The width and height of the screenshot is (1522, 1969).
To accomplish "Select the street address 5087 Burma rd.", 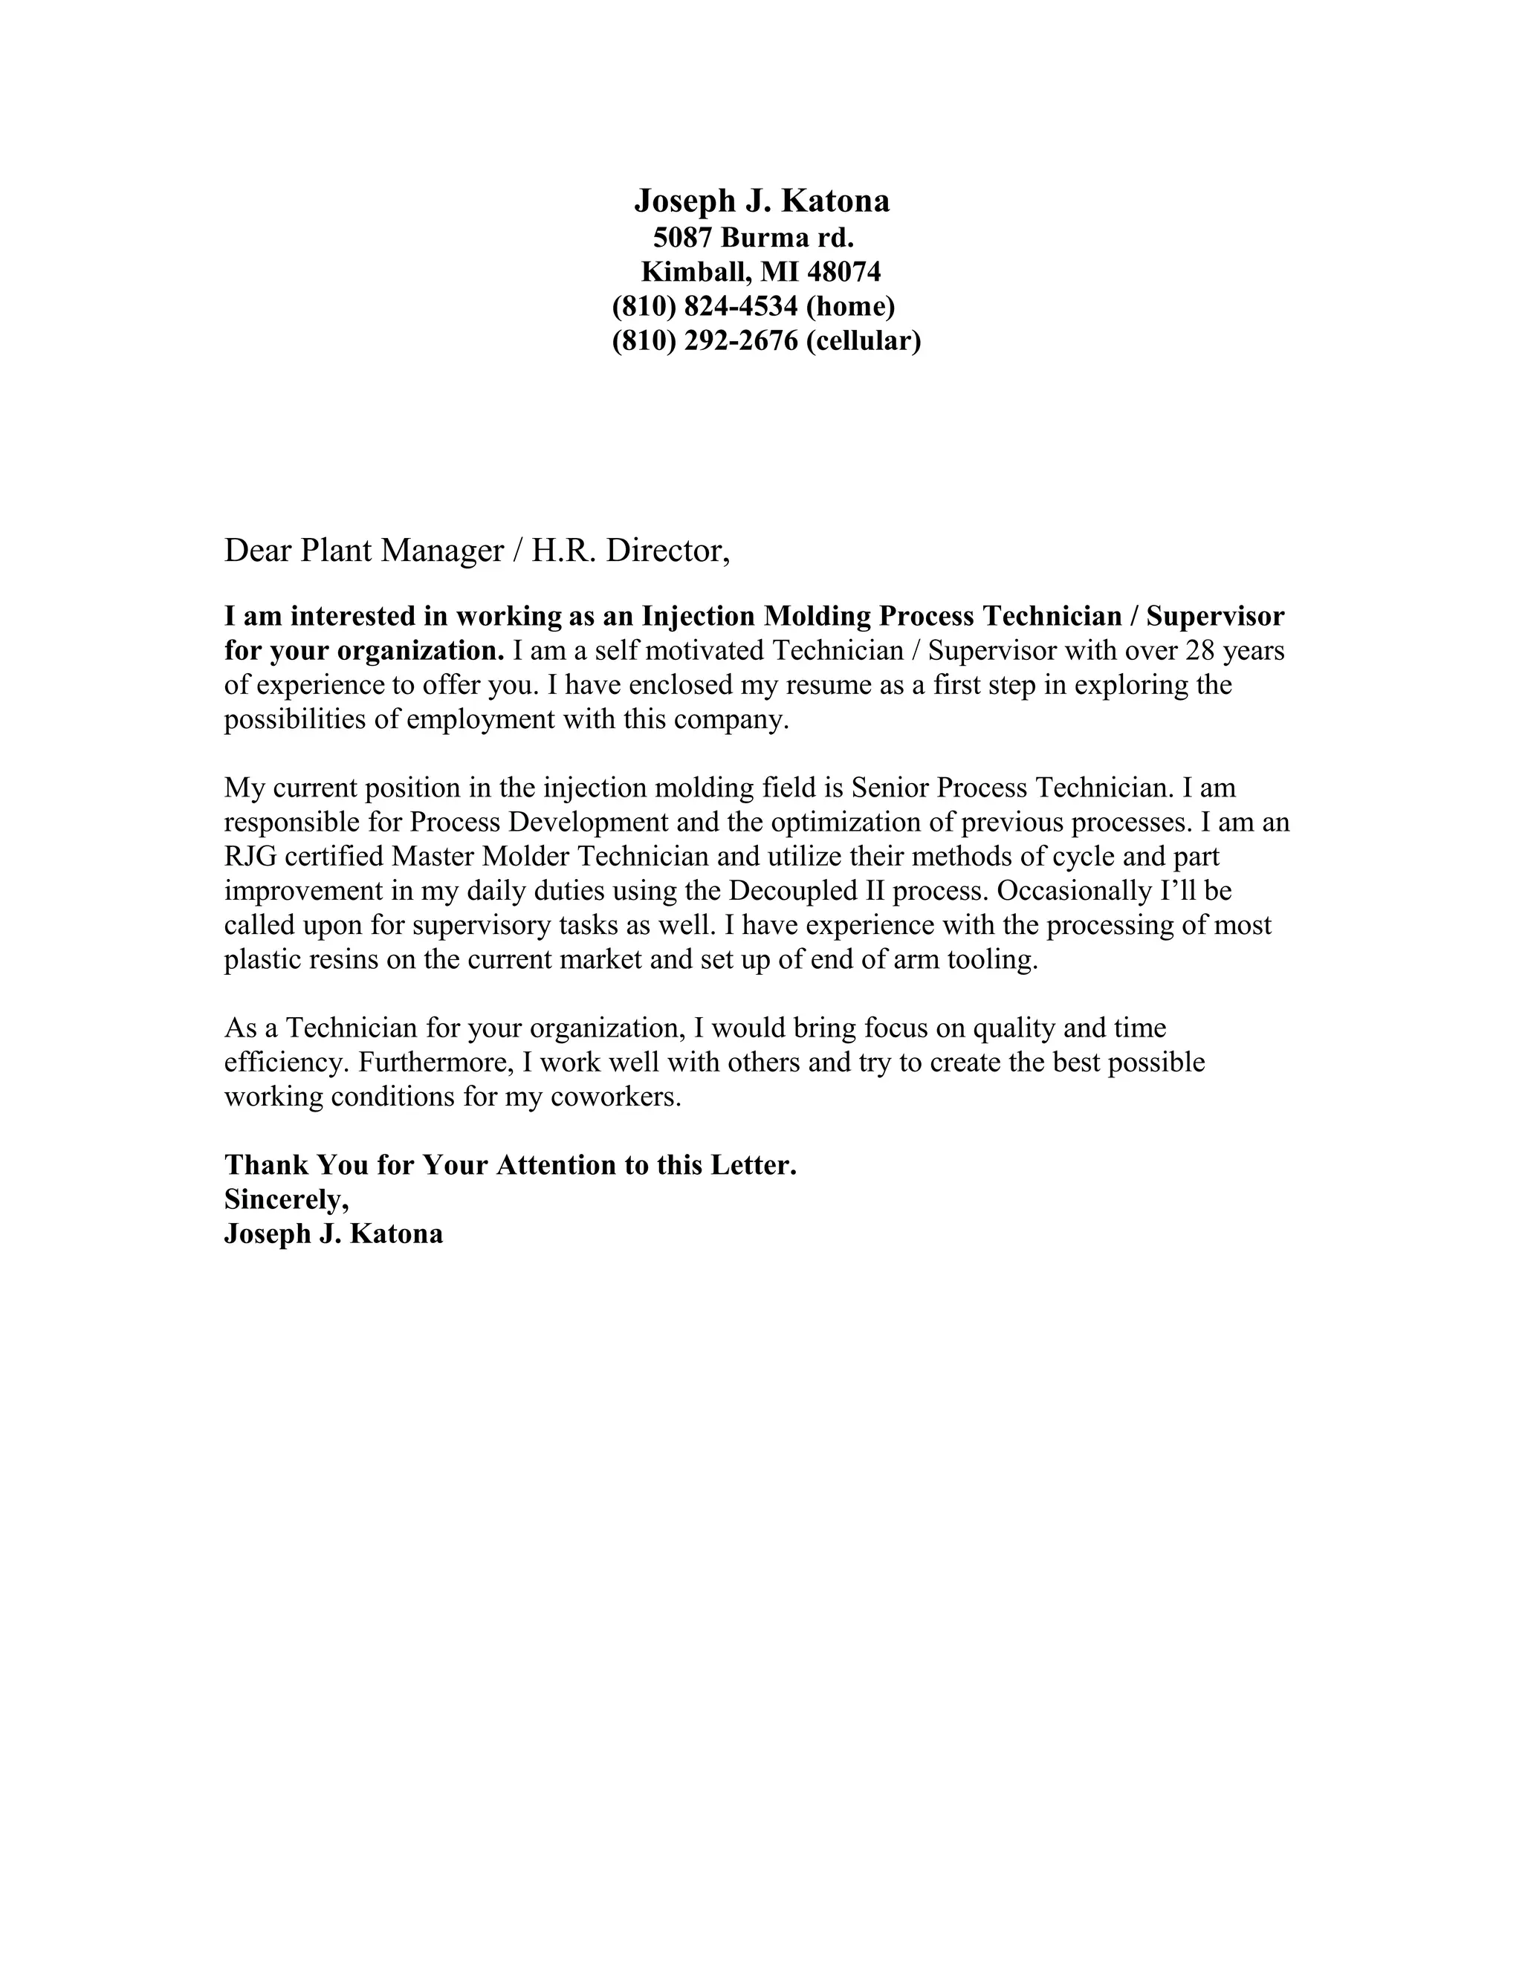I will point(753,238).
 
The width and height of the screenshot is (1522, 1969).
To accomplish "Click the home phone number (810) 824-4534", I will point(705,307).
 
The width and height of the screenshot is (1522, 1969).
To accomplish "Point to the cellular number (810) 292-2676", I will point(705,341).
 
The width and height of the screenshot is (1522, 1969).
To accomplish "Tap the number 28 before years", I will point(1202,651).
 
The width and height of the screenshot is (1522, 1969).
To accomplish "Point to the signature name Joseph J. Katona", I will point(334,1233).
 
